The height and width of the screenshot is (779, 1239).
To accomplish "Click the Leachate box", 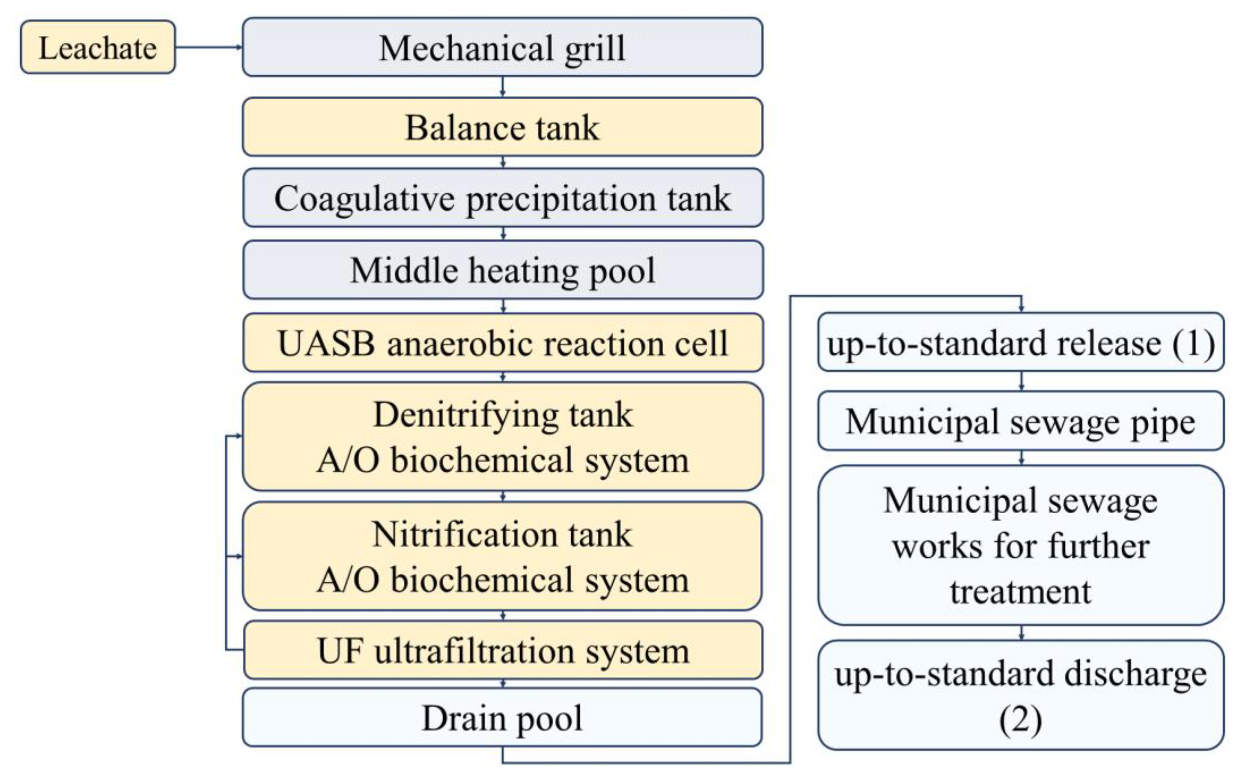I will click(98, 47).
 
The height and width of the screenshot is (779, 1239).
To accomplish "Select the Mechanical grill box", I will click(502, 47).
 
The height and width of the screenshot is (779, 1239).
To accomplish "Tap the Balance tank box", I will click(502, 127).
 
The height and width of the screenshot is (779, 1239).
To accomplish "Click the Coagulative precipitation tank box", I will click(502, 198).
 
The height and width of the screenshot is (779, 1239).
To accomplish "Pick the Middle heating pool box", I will click(502, 270).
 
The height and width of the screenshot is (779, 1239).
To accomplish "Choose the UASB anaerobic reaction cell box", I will click(502, 343).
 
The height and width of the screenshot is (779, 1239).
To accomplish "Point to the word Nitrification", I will click(465, 535).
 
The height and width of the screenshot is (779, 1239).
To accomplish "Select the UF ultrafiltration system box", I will click(502, 650).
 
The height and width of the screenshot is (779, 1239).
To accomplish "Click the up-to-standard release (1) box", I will click(1021, 342).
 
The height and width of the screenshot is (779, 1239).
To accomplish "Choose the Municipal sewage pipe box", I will click(1021, 421).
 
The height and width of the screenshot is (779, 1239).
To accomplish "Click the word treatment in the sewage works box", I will click(1021, 591).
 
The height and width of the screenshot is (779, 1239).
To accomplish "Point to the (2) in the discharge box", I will click(1021, 720).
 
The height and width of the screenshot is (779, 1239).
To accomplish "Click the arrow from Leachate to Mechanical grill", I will click(208, 47).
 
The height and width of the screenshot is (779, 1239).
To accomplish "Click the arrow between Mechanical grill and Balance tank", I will click(503, 87).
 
